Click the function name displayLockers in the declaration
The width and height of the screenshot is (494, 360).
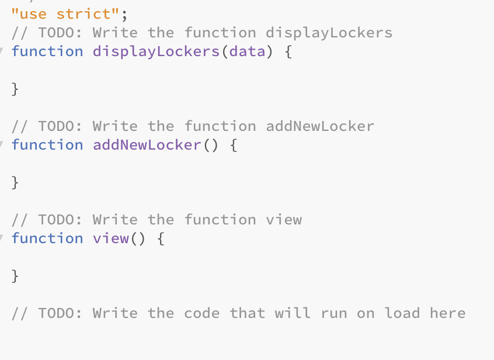point(156,51)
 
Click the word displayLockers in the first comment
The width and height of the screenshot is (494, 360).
point(329,32)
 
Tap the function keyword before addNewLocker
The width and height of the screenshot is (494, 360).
point(47,145)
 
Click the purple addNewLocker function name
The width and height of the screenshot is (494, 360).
point(147,145)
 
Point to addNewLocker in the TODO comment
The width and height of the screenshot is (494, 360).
point(320,126)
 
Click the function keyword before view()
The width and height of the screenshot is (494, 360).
point(47,238)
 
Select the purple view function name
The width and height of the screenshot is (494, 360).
point(110,238)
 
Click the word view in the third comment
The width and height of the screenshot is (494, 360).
point(284,220)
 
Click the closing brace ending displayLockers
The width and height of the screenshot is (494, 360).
point(15,89)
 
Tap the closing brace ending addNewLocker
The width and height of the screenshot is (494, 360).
point(15,182)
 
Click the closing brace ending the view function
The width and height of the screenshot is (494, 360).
point(15,276)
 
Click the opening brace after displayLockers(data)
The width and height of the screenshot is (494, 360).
point(288,51)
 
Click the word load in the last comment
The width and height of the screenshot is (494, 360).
point(402,313)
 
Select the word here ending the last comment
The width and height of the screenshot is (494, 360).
point(448,313)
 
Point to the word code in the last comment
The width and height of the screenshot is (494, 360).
point(201,313)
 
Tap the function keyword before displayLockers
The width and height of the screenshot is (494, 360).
point(47,51)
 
